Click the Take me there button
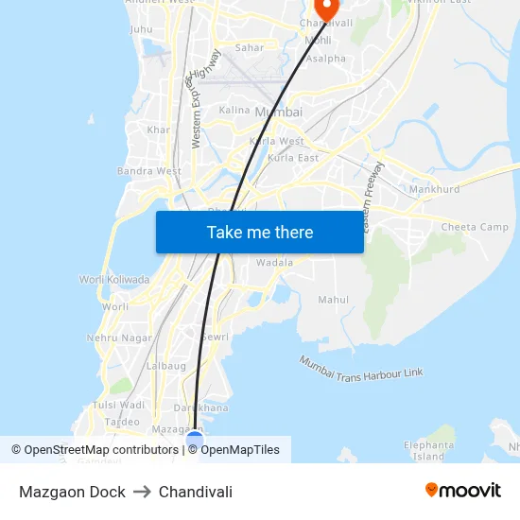coord(259,232)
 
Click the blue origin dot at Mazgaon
coord(195,440)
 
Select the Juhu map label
coord(141,29)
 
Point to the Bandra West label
coord(148,171)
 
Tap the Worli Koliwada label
coord(113,280)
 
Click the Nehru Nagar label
coord(119,338)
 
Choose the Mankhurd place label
coord(435,189)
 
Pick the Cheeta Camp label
coord(475,227)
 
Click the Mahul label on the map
coord(333,300)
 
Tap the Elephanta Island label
coord(428,450)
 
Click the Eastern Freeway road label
coord(374,186)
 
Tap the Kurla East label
coord(293,158)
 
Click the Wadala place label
coord(274,262)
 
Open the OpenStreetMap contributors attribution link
coord(95,450)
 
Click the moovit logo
coord(462,491)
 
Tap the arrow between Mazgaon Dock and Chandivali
coord(142,492)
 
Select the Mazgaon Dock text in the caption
coord(72,492)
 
